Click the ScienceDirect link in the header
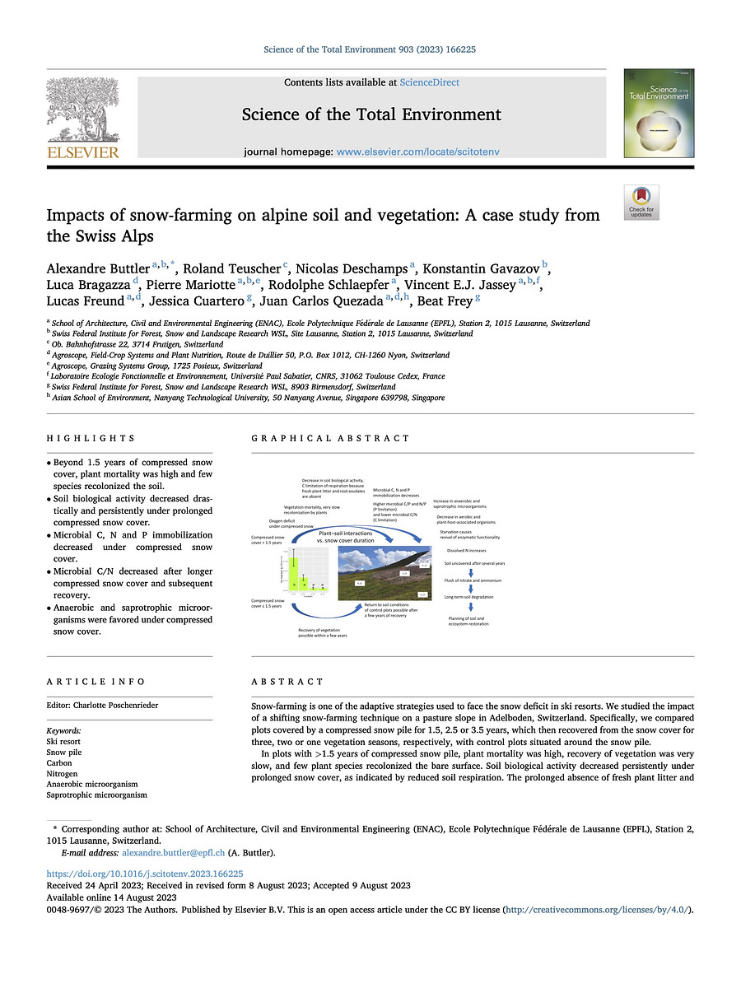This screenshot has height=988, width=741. coord(429,82)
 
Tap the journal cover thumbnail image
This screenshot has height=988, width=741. coord(653,114)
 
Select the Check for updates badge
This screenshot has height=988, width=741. coord(641,202)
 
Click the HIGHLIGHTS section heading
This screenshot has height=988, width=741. coord(91,439)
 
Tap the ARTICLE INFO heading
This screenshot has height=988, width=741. coord(96,682)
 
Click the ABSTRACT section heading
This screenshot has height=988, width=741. coord(287,682)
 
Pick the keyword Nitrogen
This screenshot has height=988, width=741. coord(63,774)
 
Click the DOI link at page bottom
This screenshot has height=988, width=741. coord(144,874)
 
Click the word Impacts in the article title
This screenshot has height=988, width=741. coord(77,216)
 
